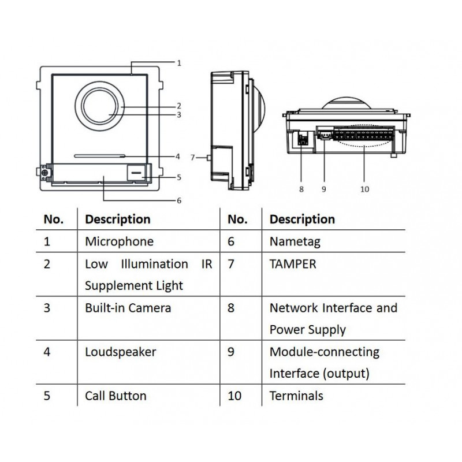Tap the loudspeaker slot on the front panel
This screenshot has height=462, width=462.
[x=99, y=155]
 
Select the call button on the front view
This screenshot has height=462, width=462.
[x=137, y=172]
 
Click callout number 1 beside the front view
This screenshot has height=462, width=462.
[x=179, y=62]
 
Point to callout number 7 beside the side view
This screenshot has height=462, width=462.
[x=193, y=157]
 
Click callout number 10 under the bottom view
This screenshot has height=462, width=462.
[x=364, y=189]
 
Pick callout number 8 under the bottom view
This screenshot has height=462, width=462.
[x=301, y=189]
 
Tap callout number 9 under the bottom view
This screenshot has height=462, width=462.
[x=324, y=189]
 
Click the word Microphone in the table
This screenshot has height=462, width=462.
[x=119, y=241]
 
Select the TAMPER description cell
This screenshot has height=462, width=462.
[x=293, y=264]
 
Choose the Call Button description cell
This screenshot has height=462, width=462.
[x=115, y=396]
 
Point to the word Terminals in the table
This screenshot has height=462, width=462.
[x=296, y=396]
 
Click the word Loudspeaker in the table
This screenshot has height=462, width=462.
[x=120, y=352]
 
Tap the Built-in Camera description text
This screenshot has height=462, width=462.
[x=128, y=308]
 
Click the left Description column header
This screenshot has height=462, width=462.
[x=117, y=219]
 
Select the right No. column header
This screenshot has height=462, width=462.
[x=237, y=219]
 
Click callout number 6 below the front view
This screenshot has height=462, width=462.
[x=179, y=200]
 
